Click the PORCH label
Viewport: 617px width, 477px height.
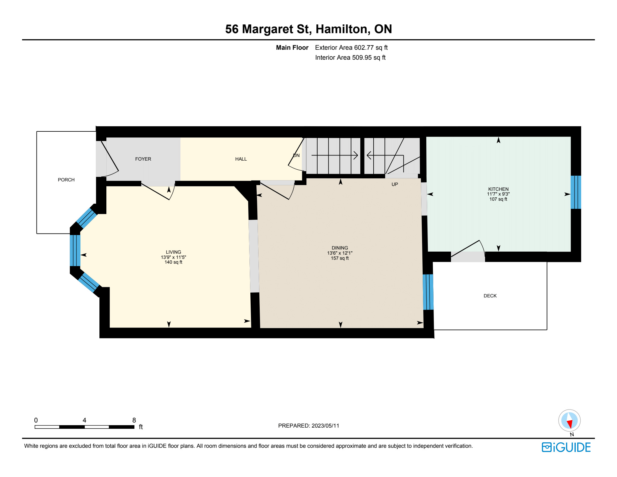pyautogui.click(x=66, y=180)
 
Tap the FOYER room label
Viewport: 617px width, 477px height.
pyautogui.click(x=143, y=159)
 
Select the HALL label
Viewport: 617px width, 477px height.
pyautogui.click(x=241, y=159)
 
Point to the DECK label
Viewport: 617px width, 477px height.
pyautogui.click(x=490, y=296)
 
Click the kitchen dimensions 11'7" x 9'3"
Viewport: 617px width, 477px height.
pyautogui.click(x=498, y=194)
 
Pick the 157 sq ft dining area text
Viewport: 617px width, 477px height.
pyautogui.click(x=340, y=258)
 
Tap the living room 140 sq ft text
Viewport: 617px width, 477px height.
pyautogui.click(x=174, y=262)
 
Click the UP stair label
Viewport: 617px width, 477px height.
pyautogui.click(x=395, y=184)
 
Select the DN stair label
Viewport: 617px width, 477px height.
pyautogui.click(x=296, y=155)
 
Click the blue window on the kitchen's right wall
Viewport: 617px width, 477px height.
pyautogui.click(x=576, y=192)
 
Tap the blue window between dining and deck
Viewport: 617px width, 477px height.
pyautogui.click(x=428, y=292)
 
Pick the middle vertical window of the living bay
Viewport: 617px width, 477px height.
pyautogui.click(x=75, y=251)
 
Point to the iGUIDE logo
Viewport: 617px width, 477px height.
pyautogui.click(x=566, y=447)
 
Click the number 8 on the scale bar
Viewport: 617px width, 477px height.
pyautogui.click(x=134, y=420)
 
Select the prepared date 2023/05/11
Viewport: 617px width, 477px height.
pyautogui.click(x=325, y=426)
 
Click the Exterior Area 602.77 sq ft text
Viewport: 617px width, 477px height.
pyautogui.click(x=351, y=48)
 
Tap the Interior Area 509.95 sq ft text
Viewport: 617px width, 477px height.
pyautogui.click(x=350, y=58)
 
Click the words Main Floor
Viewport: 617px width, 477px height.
pyautogui.click(x=292, y=48)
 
